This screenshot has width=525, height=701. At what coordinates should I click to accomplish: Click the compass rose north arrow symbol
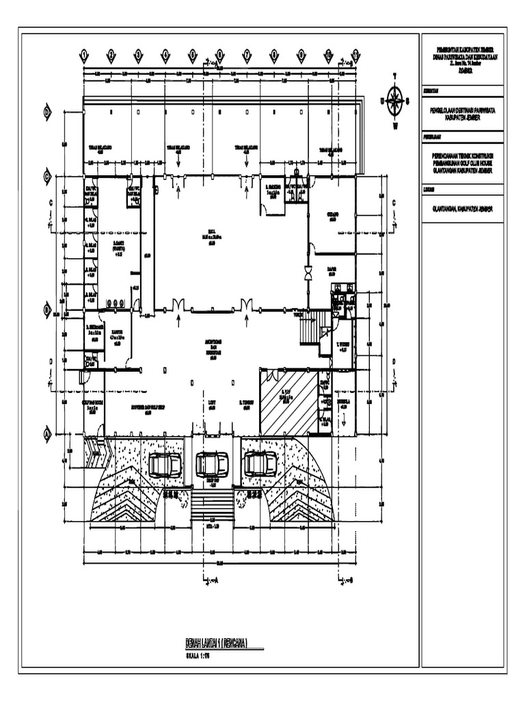click(x=394, y=101)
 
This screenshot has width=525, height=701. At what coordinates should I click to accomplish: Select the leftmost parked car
click(x=165, y=465)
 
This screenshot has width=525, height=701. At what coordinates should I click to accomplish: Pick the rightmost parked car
click(x=260, y=464)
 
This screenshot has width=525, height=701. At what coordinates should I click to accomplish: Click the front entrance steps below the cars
click(x=211, y=507)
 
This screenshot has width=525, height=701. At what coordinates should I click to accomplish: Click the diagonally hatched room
click(x=289, y=402)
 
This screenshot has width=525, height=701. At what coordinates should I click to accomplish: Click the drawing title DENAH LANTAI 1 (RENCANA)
click(x=216, y=641)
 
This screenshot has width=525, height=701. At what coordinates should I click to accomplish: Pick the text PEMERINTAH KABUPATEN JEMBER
click(x=463, y=49)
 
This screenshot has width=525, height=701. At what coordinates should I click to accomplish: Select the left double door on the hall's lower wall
click(x=179, y=305)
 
